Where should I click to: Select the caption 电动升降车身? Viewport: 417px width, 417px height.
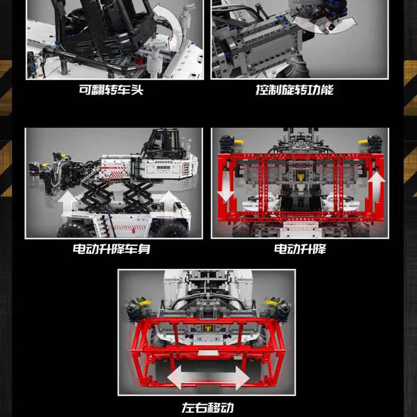(111, 249)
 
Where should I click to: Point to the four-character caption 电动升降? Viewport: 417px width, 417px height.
(300, 249)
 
